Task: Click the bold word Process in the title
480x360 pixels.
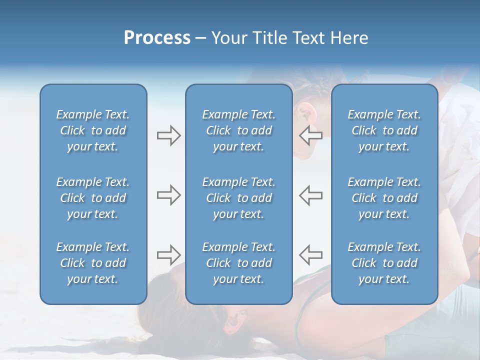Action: pyautogui.click(x=157, y=38)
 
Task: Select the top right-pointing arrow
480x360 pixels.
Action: pyautogui.click(x=168, y=135)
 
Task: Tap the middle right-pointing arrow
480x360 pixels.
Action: pyautogui.click(x=168, y=195)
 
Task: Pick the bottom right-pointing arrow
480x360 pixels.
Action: pyautogui.click(x=168, y=255)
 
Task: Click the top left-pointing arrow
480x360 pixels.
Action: pyautogui.click(x=310, y=135)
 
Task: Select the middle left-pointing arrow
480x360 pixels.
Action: pyautogui.click(x=310, y=195)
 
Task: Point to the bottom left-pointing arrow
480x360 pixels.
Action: pyautogui.click(x=310, y=255)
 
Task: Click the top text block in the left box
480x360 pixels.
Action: pyautogui.click(x=93, y=130)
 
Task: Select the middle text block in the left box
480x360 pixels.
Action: pyautogui.click(x=93, y=198)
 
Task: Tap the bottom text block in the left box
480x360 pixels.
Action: pyautogui.click(x=93, y=263)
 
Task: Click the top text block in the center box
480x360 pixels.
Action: pyautogui.click(x=238, y=130)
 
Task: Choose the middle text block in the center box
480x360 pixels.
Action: pyautogui.click(x=238, y=198)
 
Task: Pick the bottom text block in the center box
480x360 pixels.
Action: pyautogui.click(x=238, y=263)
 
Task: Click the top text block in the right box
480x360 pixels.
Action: pyautogui.click(x=384, y=130)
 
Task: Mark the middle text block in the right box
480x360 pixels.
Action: pyautogui.click(x=384, y=198)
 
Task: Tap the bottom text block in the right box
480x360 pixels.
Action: pyautogui.click(x=384, y=263)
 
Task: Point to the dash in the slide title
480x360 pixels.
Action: pyautogui.click(x=200, y=38)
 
